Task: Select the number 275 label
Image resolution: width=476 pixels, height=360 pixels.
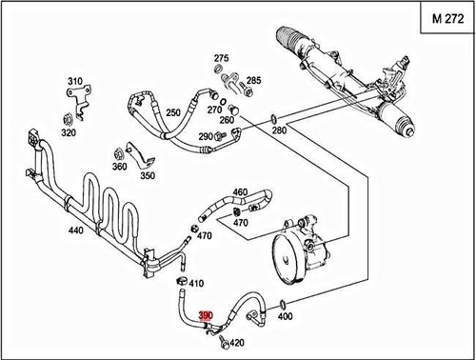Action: (x=221, y=58)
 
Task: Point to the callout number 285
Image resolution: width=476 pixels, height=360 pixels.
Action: (x=254, y=80)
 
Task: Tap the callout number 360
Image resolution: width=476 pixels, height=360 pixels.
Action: (x=120, y=167)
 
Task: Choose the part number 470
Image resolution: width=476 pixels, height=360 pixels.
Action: (x=240, y=223)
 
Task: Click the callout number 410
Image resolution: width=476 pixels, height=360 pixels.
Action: (x=197, y=284)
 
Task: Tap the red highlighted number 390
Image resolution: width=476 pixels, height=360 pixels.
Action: (x=206, y=316)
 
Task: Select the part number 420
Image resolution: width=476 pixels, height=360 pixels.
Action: (x=238, y=343)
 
